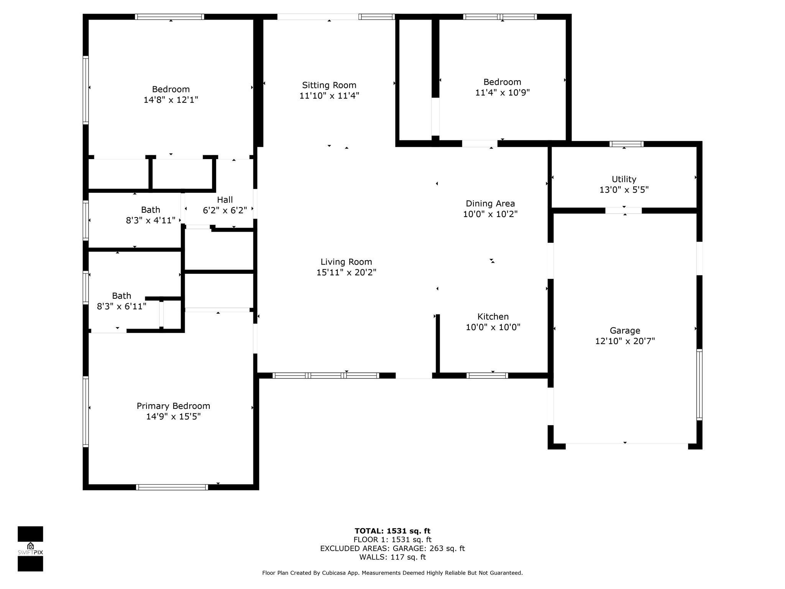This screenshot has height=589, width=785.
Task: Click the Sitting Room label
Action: point(329,85)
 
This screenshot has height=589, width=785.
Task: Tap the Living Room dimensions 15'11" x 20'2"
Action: point(347,272)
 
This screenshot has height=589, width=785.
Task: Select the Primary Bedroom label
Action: point(173,406)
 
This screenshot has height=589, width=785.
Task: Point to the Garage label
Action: point(625,331)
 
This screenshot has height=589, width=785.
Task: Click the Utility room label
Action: point(624,179)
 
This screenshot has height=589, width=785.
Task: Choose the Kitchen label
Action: point(493,316)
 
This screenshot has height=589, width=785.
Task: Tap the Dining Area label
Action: point(490,204)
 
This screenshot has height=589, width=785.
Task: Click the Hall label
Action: point(225,200)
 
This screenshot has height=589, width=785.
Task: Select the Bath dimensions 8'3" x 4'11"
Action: point(151,220)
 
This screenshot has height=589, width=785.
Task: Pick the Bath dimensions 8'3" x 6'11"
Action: point(122,306)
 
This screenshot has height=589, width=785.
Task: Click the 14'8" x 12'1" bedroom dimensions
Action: point(171,100)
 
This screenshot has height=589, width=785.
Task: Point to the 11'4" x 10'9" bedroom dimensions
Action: point(503,92)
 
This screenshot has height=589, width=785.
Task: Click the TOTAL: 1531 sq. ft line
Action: point(392,531)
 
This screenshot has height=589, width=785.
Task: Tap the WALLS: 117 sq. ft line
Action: point(392,557)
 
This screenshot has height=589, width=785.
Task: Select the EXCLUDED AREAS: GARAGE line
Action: point(392,548)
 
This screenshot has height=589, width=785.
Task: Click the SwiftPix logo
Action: point(30,549)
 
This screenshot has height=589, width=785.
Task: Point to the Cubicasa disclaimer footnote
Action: point(392,573)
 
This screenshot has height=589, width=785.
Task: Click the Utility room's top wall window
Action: point(626,144)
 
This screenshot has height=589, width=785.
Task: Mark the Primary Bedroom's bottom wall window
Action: point(172,487)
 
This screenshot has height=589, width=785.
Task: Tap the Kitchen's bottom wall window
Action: point(487,376)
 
